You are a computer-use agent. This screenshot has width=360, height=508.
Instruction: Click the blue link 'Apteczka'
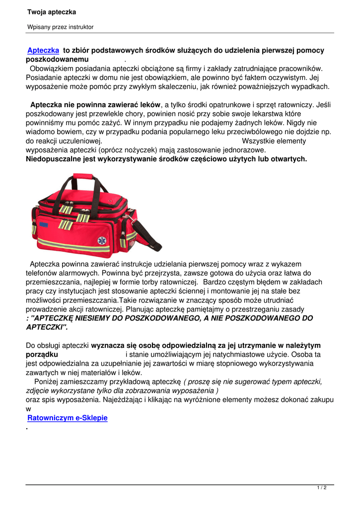point(43,51)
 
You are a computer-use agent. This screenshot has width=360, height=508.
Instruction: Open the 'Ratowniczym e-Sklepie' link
point(68,418)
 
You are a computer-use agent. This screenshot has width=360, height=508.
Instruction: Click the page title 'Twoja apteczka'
point(52,12)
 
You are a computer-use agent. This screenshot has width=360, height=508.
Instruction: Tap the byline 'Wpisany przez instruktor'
point(60,27)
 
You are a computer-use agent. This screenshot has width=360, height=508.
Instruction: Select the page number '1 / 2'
point(322,488)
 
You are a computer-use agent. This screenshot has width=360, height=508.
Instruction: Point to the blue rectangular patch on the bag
point(44,224)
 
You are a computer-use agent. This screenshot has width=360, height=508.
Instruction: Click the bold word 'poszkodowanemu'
point(61,60)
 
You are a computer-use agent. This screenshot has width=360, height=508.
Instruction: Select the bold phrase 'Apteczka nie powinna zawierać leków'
point(95,105)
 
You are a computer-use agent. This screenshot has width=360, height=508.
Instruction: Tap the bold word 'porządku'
point(42,355)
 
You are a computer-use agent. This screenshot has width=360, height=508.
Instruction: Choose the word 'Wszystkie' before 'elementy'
point(259,141)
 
